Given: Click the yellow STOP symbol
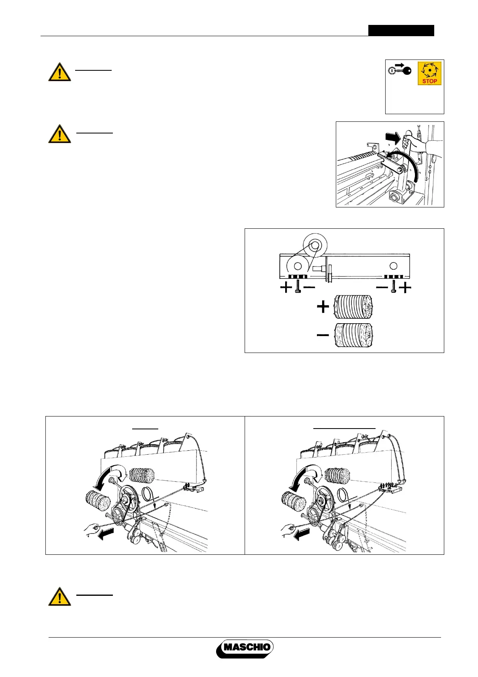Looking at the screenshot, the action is point(429,73).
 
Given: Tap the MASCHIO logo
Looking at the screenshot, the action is point(245,648).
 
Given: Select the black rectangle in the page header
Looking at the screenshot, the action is point(401,31).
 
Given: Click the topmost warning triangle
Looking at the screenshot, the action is point(60,72).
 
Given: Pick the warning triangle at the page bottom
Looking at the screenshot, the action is point(60,597).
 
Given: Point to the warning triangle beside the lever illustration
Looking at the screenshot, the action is point(60,134).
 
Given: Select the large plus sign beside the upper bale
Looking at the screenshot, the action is point(323,307).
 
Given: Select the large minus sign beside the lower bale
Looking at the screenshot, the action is point(323,334).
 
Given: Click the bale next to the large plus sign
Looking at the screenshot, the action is point(353,307).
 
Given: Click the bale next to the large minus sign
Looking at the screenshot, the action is point(353,334).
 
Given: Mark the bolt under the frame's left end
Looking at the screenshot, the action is point(297,287).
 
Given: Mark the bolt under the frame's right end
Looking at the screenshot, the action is point(394,287).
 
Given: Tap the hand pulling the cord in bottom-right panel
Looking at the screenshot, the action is point(287,530).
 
